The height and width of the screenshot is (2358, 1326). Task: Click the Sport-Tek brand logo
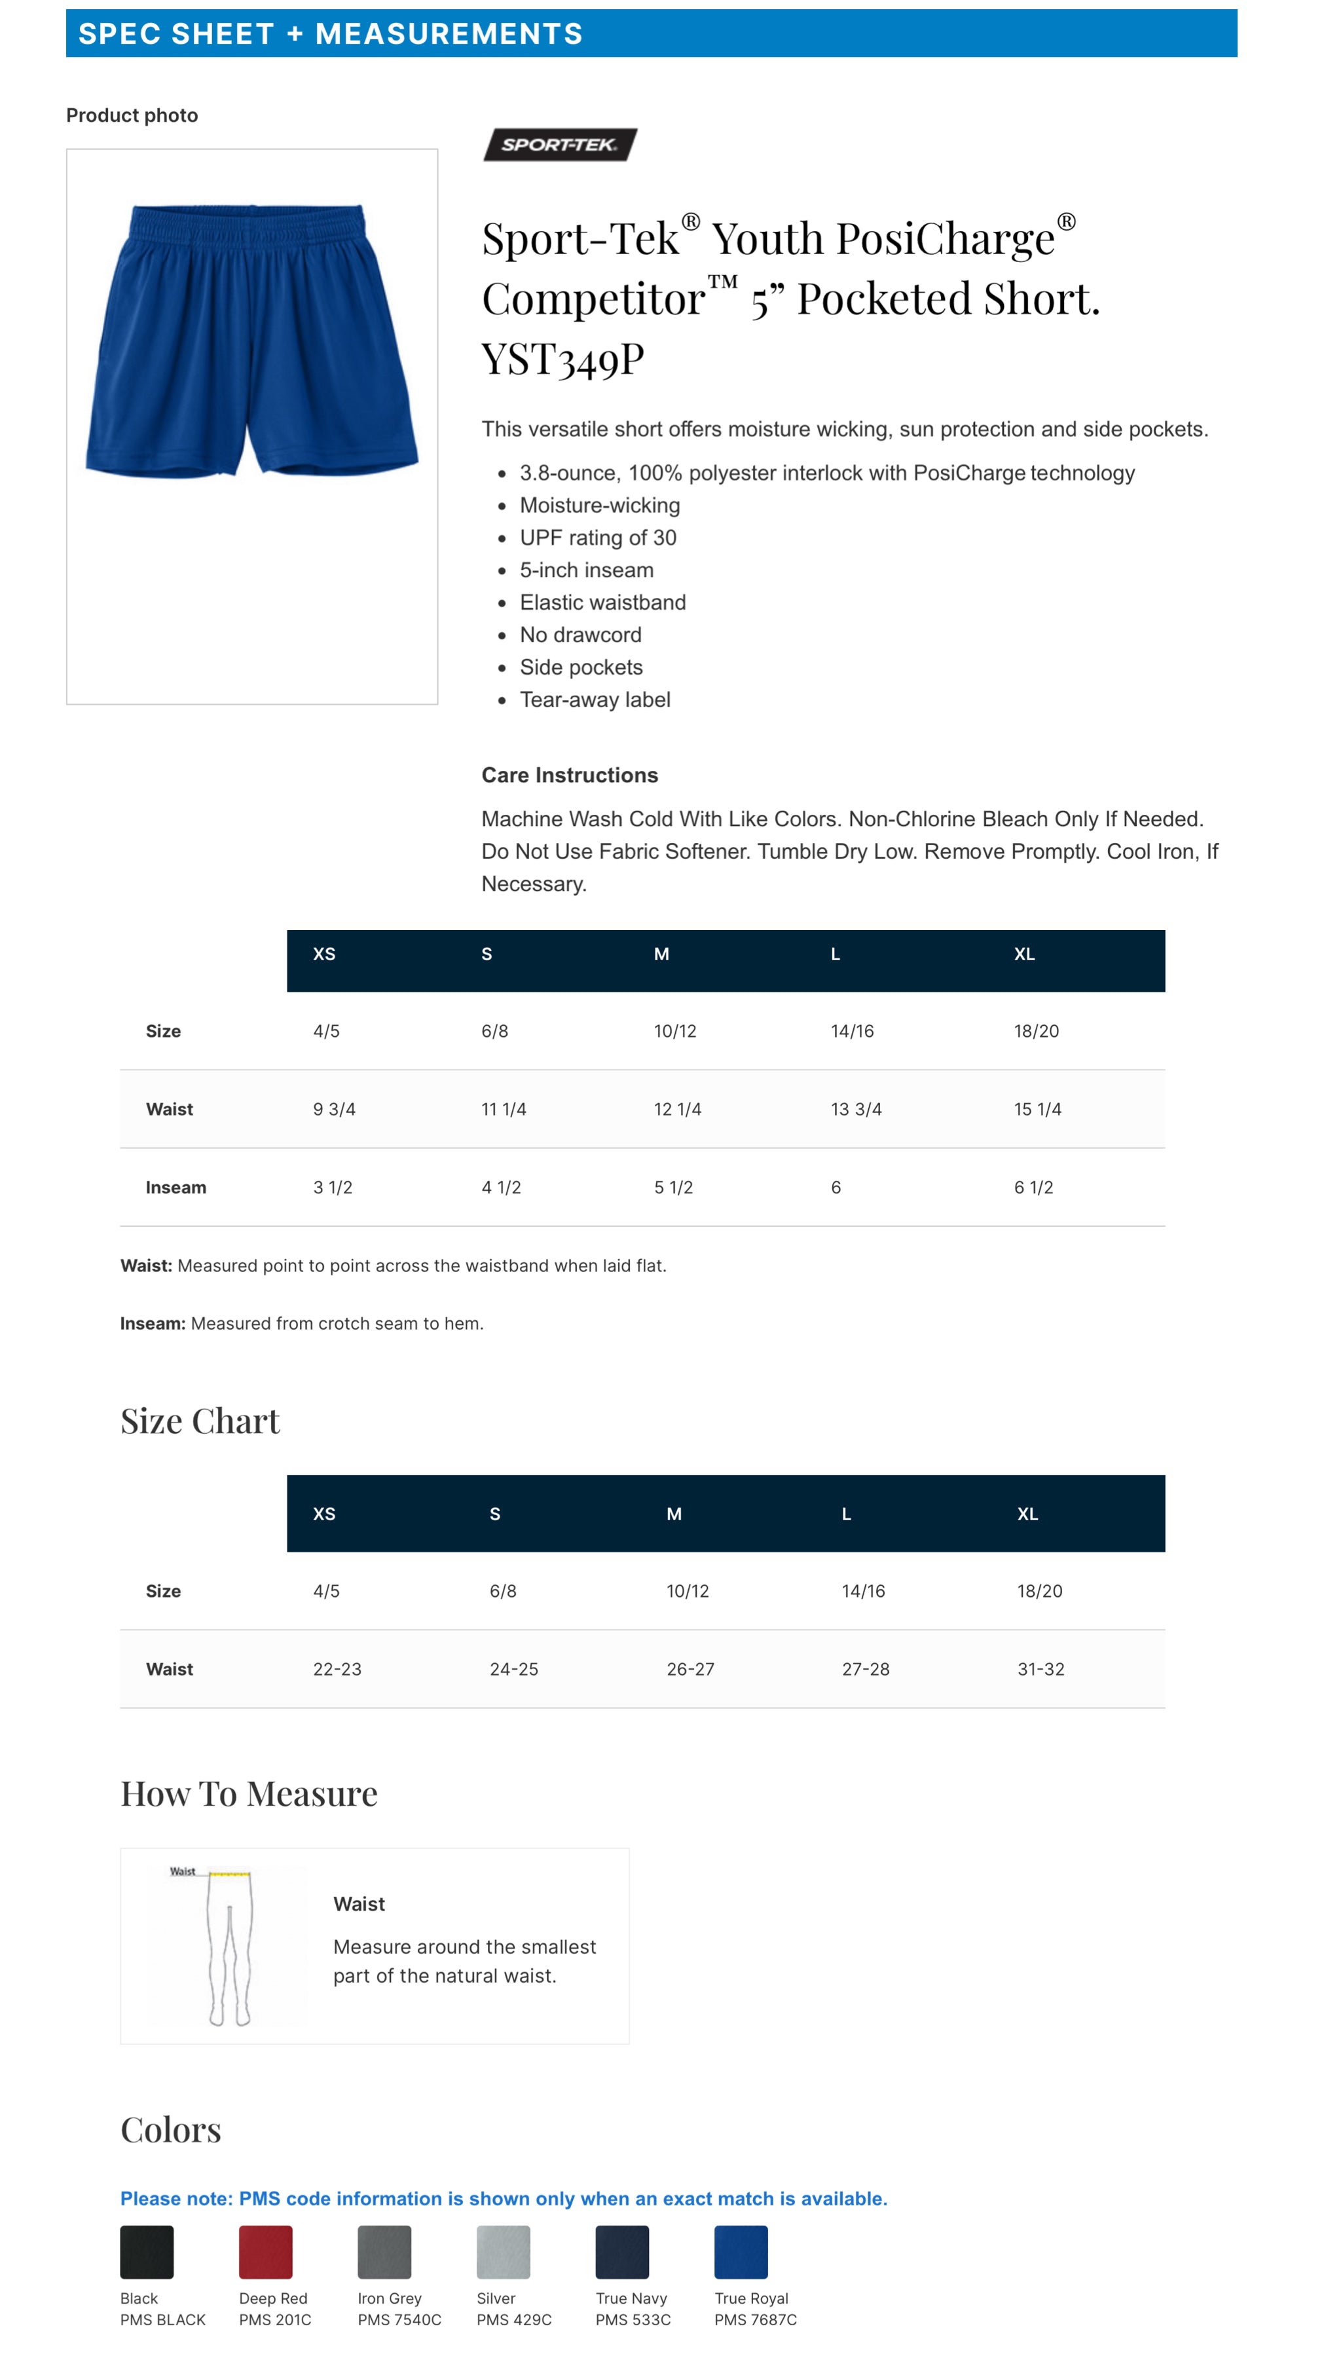(x=559, y=145)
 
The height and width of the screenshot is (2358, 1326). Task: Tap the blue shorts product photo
(x=251, y=341)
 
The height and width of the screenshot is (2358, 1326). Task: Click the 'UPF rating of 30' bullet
(x=598, y=538)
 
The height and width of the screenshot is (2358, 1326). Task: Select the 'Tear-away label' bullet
(x=595, y=700)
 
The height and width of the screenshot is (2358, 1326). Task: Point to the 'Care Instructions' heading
(x=569, y=776)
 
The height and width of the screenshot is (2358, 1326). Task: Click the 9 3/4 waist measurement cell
(x=334, y=1110)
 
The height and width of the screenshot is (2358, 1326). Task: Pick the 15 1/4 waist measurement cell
(x=1037, y=1110)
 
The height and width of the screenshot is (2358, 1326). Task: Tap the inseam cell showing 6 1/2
(x=1033, y=1188)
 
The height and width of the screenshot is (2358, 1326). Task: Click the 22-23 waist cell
(x=337, y=1669)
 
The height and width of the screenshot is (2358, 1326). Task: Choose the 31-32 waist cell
(x=1041, y=1669)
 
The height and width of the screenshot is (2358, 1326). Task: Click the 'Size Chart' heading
(x=200, y=1421)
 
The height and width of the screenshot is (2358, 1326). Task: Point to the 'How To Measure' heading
(x=249, y=1794)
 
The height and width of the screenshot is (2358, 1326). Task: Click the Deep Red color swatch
(x=265, y=2252)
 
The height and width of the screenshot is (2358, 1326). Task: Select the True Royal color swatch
(x=741, y=2252)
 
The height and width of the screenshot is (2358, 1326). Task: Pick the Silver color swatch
(x=502, y=2252)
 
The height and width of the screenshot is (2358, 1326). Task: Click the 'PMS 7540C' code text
(x=399, y=2319)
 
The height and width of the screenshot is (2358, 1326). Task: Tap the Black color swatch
(x=147, y=2252)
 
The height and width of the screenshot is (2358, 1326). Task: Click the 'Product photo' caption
(x=132, y=115)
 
